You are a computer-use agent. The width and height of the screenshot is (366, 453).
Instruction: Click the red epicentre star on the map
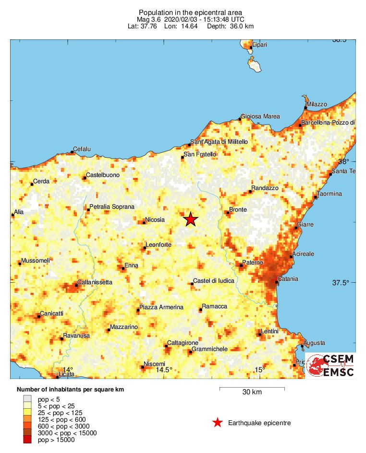click(x=191, y=219)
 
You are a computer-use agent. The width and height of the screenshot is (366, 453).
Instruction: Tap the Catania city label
click(x=288, y=279)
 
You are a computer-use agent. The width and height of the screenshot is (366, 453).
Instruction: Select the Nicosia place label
click(x=155, y=220)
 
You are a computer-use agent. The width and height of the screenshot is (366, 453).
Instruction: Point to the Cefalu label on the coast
click(x=81, y=149)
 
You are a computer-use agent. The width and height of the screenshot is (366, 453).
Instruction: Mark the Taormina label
click(x=329, y=194)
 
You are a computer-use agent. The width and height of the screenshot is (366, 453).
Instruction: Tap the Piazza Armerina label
click(x=161, y=307)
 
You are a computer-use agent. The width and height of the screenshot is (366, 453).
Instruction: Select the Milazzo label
click(x=317, y=104)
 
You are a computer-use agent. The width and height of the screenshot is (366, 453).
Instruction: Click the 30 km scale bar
click(x=252, y=388)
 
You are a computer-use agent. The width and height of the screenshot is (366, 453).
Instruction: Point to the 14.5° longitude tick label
click(x=164, y=369)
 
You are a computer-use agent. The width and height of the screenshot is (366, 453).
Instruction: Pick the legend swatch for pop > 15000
click(x=27, y=440)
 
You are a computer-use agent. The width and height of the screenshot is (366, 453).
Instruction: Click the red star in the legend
click(x=218, y=423)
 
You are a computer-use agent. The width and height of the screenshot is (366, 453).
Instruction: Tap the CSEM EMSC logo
click(x=330, y=365)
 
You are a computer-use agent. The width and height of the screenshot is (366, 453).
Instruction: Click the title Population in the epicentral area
click(x=190, y=12)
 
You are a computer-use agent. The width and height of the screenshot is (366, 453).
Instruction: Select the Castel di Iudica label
click(x=214, y=280)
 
